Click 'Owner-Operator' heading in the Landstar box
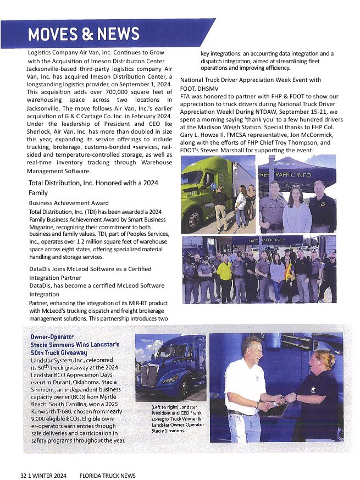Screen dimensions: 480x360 coord(52,335)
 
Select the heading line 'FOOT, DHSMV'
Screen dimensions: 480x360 coord(201,88)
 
